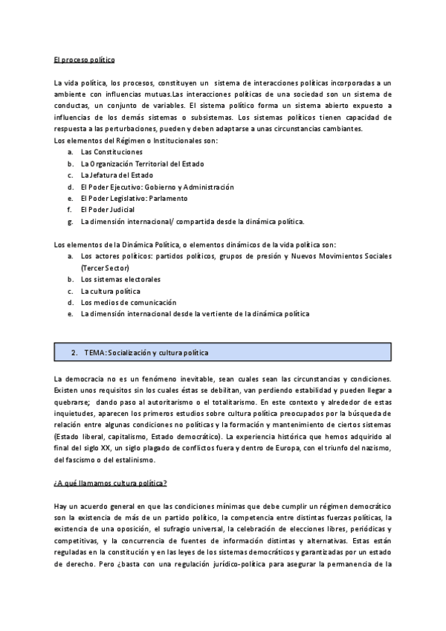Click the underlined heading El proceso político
83,58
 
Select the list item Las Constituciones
111,152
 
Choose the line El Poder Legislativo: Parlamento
135,199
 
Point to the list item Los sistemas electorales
121,279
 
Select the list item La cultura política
111,291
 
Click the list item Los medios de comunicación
129,302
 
